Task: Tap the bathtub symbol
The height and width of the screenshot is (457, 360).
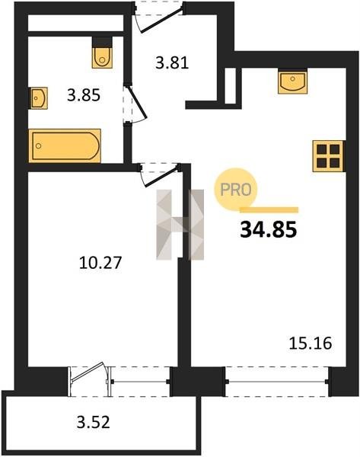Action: click(x=65, y=145)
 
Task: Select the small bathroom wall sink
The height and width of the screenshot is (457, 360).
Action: click(x=39, y=98)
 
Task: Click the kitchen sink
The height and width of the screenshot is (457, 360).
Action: click(x=292, y=81)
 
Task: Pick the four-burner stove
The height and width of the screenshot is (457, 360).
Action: click(x=329, y=156)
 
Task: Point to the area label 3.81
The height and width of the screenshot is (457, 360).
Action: click(x=172, y=63)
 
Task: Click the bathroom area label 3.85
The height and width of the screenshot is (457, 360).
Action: click(x=84, y=95)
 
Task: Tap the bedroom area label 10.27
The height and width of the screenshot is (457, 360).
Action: click(x=100, y=262)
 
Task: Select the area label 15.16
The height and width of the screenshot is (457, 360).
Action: click(x=311, y=343)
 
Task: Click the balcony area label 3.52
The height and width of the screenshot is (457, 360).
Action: click(x=93, y=422)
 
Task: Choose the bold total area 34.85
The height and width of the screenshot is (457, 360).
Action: click(x=268, y=229)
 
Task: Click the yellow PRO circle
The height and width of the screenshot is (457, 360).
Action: click(x=236, y=190)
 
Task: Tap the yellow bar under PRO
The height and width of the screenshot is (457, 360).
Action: click(x=269, y=210)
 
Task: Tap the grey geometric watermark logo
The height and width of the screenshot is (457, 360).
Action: click(x=180, y=225)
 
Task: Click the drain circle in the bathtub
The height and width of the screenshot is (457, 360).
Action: click(x=39, y=145)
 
